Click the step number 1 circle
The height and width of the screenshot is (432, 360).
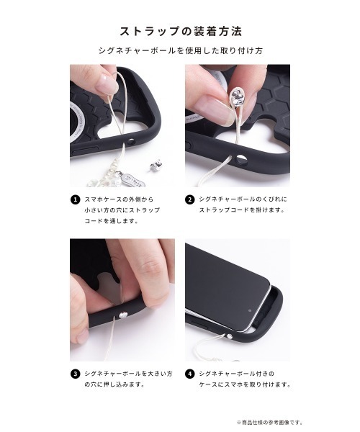[x=74, y=199]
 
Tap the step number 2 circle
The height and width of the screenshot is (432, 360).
[x=189, y=199]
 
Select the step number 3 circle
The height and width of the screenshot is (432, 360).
[x=74, y=374]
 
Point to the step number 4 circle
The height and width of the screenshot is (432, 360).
[x=189, y=374]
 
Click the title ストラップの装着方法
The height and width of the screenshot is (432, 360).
[x=180, y=32]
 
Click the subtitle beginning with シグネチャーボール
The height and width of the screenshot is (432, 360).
[x=180, y=52]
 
